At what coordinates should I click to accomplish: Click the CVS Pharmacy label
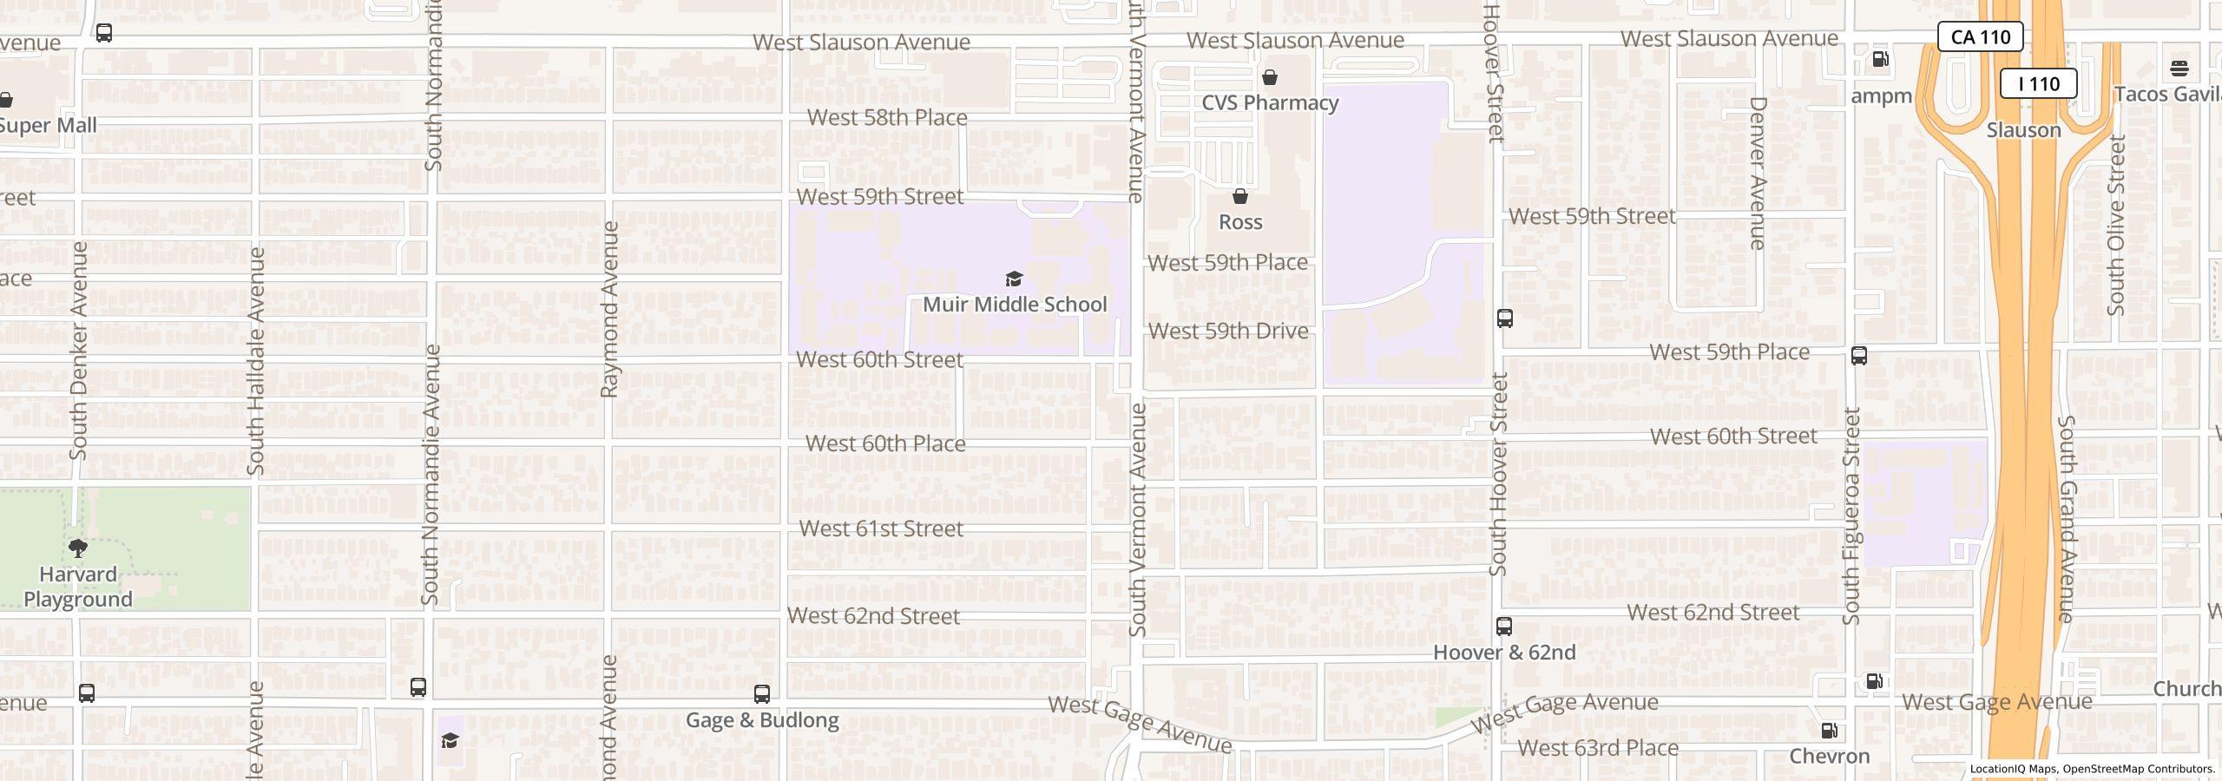pyautogui.click(x=1270, y=102)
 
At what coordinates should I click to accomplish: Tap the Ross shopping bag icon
pyautogui.click(x=1240, y=197)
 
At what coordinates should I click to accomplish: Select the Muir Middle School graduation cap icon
pyautogui.click(x=1014, y=279)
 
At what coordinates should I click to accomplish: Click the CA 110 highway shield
pyautogui.click(x=1980, y=37)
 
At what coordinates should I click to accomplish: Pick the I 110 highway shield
pyautogui.click(x=2038, y=84)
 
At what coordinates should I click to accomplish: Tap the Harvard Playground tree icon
pyautogui.click(x=78, y=548)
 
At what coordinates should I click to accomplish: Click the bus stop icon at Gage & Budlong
pyautogui.click(x=761, y=694)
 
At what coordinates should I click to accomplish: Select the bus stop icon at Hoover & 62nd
pyautogui.click(x=1504, y=627)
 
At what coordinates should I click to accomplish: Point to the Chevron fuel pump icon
pyautogui.click(x=1829, y=731)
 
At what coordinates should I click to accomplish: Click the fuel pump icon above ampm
pyautogui.click(x=1881, y=60)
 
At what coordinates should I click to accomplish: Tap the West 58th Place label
pyautogui.click(x=887, y=118)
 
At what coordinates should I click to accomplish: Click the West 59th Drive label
pyautogui.click(x=1228, y=331)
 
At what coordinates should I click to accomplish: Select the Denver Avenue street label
pyautogui.click(x=1758, y=174)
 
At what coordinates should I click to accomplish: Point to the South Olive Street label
pyautogui.click(x=2116, y=226)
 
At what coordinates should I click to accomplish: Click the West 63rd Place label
pyautogui.click(x=1598, y=748)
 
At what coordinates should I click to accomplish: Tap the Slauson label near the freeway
pyautogui.click(x=2023, y=130)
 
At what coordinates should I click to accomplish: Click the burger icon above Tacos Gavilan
pyautogui.click(x=2179, y=68)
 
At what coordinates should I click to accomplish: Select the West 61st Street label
pyautogui.click(x=881, y=528)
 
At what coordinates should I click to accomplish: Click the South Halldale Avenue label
pyautogui.click(x=255, y=360)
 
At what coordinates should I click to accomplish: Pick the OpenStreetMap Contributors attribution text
pyautogui.click(x=2138, y=769)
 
